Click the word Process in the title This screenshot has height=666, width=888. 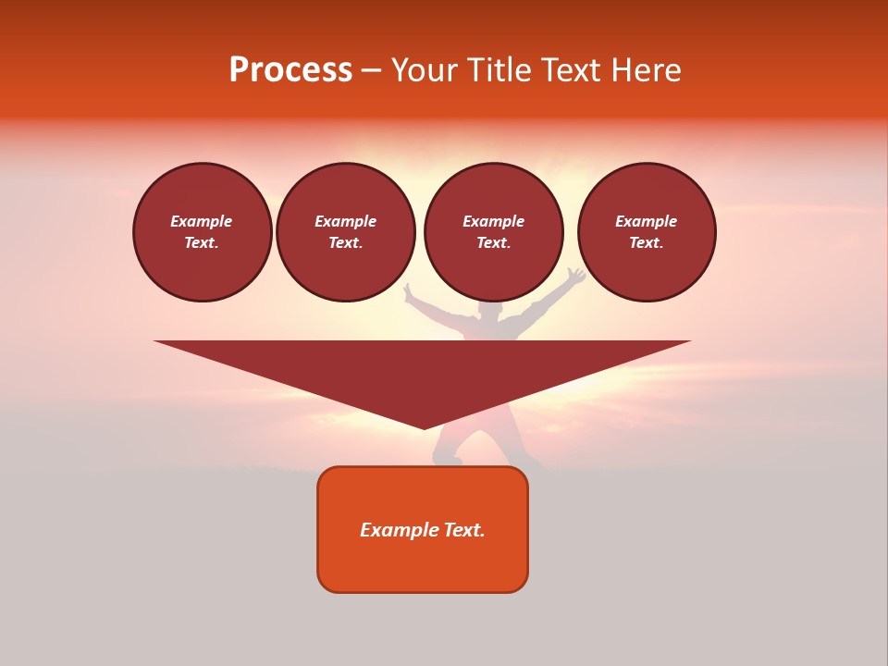[290, 70]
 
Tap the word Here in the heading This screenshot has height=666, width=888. [643, 70]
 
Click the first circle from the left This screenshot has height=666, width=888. [202, 232]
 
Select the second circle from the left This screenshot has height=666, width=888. [345, 232]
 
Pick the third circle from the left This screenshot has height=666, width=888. [493, 232]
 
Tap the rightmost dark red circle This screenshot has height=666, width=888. [646, 232]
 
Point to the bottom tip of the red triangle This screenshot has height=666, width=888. [424, 427]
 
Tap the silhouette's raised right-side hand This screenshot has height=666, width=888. [576, 276]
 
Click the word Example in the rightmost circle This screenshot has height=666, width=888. [646, 221]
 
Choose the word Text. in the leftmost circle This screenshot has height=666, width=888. [202, 243]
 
